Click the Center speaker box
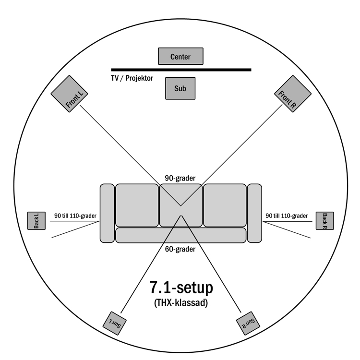180,57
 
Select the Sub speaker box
180,88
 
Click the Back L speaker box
36,221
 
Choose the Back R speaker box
324,221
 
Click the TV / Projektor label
132,78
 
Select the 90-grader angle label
180,178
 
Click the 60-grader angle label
180,249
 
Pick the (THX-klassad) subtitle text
181,303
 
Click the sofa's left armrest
107,212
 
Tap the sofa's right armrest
254,212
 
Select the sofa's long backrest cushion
180,235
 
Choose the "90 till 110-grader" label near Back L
75,216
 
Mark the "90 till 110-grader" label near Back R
287,216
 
